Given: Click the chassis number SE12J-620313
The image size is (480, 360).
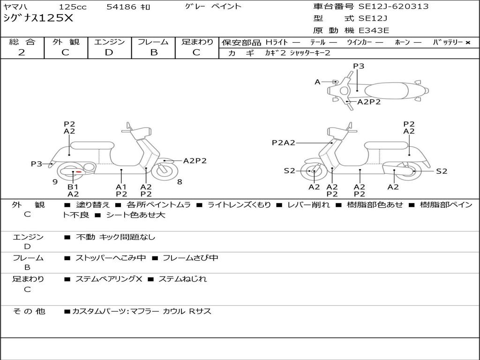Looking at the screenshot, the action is [393, 7].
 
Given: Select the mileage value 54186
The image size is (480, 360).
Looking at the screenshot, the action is [121, 7].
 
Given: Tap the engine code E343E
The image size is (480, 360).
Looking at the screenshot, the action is [374, 30].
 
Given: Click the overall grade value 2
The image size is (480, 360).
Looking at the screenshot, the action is [22, 52].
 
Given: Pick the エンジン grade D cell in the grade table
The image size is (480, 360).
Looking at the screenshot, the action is [109, 52].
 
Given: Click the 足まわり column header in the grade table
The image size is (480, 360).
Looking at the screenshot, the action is [197, 42].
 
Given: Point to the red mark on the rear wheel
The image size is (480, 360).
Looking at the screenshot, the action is [79, 172].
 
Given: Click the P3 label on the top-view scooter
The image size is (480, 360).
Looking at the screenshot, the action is [359, 66].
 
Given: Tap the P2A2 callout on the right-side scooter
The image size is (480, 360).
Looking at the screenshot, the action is [284, 142].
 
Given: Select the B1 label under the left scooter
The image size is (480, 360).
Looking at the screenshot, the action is [73, 187].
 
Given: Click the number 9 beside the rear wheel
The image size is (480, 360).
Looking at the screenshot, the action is [55, 181].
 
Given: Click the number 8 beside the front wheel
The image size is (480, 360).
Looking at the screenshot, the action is [180, 181].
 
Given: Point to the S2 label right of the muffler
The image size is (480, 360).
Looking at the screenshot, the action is [442, 171].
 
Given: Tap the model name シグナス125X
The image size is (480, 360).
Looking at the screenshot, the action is [38, 18].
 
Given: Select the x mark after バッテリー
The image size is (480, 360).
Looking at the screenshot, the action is [467, 42].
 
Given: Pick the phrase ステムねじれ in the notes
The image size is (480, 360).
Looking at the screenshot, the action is [182, 279].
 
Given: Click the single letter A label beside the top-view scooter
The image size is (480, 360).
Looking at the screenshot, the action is [317, 82].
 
